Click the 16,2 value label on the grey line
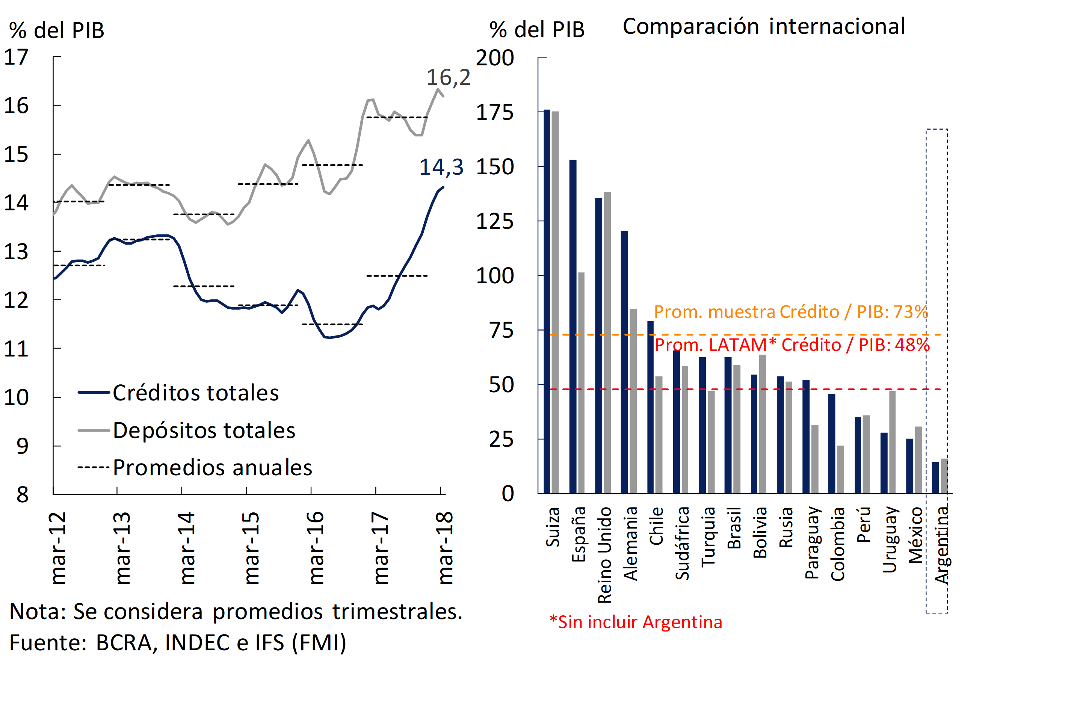(x=448, y=77)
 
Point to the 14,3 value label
(x=441, y=167)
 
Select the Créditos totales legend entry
(x=195, y=393)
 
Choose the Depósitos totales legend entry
(x=204, y=430)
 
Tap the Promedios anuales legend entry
(x=212, y=468)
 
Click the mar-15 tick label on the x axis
(x=251, y=548)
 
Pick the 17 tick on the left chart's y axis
(x=16, y=57)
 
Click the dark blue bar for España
(x=573, y=326)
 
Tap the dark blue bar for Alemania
(x=624, y=362)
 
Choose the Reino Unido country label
(x=605, y=555)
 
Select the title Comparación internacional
(x=764, y=26)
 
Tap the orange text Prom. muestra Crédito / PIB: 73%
(x=791, y=312)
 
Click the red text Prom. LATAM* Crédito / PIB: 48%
(x=792, y=345)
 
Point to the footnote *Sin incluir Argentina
(x=636, y=622)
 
